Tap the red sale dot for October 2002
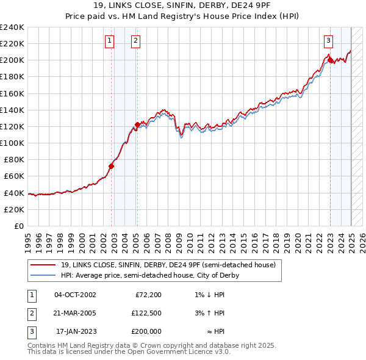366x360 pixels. tap(112, 166)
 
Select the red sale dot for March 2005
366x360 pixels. tap(137, 124)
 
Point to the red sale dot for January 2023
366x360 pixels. tap(330, 60)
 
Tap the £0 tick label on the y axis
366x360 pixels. tap(18, 226)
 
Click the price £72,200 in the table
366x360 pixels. tap(148, 294)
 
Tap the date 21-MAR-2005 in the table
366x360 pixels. tap(75, 313)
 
